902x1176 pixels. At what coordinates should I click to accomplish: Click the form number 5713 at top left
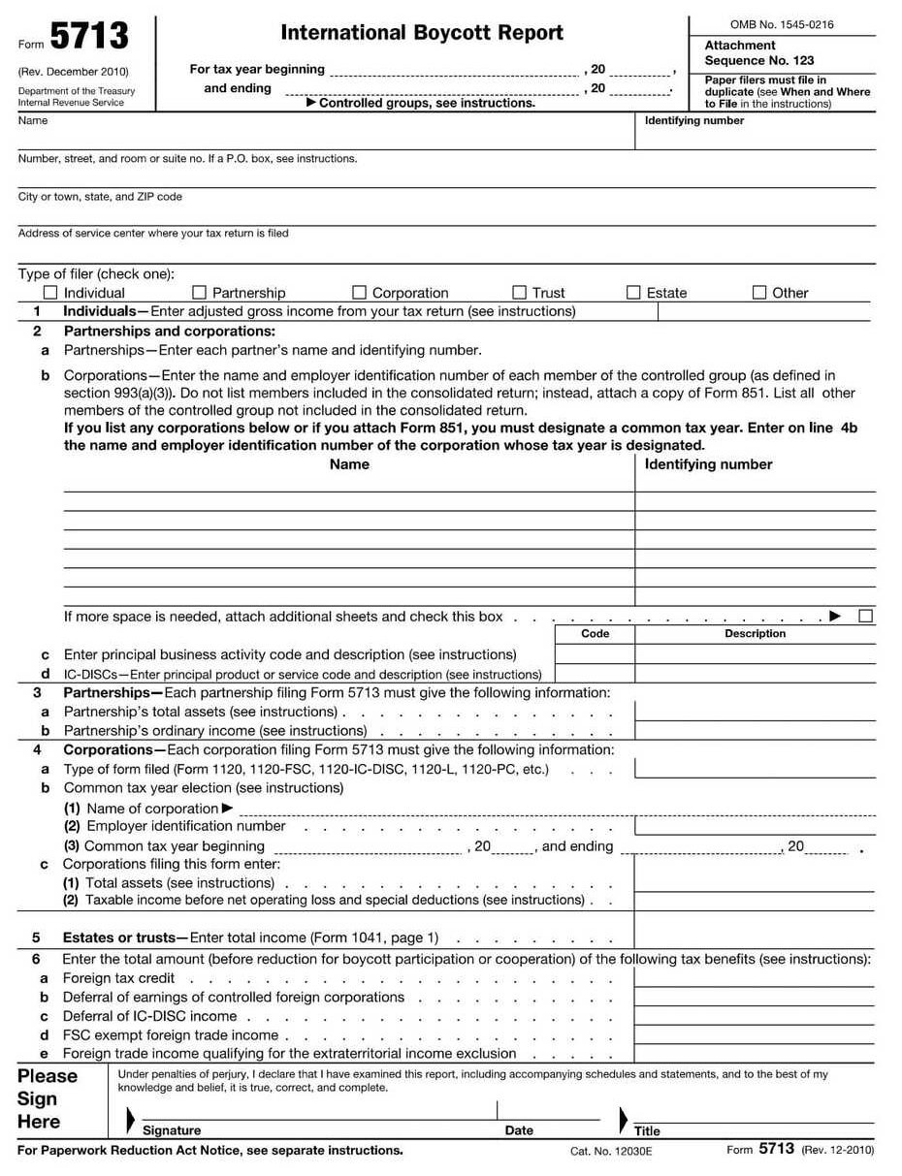88,38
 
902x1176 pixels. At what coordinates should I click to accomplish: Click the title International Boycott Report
422,33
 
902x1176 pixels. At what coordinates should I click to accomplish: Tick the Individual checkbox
50,293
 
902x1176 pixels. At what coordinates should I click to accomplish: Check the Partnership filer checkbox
200,293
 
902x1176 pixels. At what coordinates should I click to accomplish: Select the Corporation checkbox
359,293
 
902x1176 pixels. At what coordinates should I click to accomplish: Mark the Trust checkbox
519,293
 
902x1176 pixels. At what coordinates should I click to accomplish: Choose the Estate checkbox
633,293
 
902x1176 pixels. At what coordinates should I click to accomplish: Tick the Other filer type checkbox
759,293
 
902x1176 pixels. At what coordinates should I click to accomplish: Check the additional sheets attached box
865,616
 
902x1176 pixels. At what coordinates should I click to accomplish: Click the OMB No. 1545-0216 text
781,25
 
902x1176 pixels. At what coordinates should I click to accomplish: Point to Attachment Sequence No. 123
758,53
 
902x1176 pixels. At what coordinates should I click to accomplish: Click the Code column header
595,634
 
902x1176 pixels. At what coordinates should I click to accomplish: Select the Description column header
755,634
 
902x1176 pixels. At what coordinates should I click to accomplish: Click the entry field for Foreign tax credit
755,977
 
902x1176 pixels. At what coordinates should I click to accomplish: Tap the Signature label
172,1130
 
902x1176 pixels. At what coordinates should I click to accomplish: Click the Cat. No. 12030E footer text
611,1151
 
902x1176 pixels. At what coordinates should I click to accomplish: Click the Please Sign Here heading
47,1099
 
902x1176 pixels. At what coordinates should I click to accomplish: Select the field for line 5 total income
755,937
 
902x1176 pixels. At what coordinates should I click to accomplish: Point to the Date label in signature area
519,1130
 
